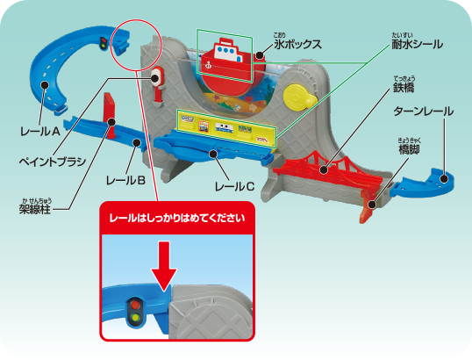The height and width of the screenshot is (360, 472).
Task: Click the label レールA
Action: click(x=40, y=132)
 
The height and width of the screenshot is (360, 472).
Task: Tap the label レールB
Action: click(x=125, y=181)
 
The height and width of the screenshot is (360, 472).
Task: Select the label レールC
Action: click(x=234, y=187)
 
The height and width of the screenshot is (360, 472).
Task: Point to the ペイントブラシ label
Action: click(x=53, y=162)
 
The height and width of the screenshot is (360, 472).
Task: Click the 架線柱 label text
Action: click(x=35, y=208)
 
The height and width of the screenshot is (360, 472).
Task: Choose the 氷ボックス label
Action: click(x=297, y=44)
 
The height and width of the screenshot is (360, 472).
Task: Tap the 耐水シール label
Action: click(x=417, y=44)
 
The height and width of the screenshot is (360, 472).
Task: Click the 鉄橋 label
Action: click(x=404, y=87)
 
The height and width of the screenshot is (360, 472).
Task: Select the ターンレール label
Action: click(x=423, y=112)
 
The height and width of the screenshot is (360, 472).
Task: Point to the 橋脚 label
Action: click(x=409, y=149)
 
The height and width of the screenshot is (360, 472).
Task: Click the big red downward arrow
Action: click(x=164, y=266)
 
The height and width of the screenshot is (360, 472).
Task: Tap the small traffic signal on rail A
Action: click(x=104, y=44)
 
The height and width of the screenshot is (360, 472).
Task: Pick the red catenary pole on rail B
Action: click(x=110, y=115)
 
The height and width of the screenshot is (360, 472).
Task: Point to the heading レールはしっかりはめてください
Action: click(x=177, y=218)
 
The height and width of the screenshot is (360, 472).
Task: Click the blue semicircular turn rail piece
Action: click(x=427, y=184)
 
